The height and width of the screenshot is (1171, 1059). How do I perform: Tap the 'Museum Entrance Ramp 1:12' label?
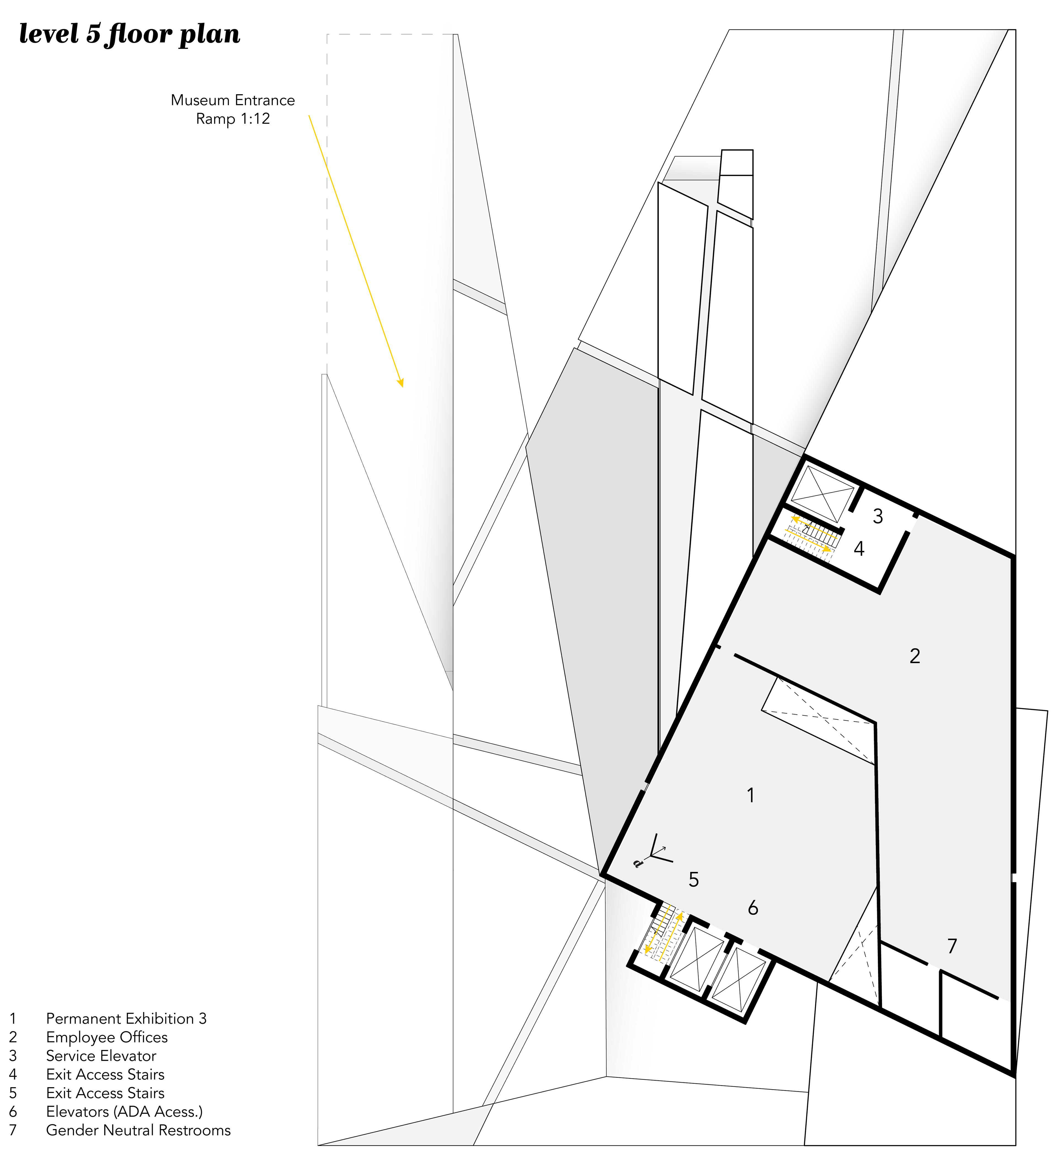click(x=232, y=109)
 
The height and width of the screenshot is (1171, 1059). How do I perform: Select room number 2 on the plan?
click(x=914, y=656)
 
